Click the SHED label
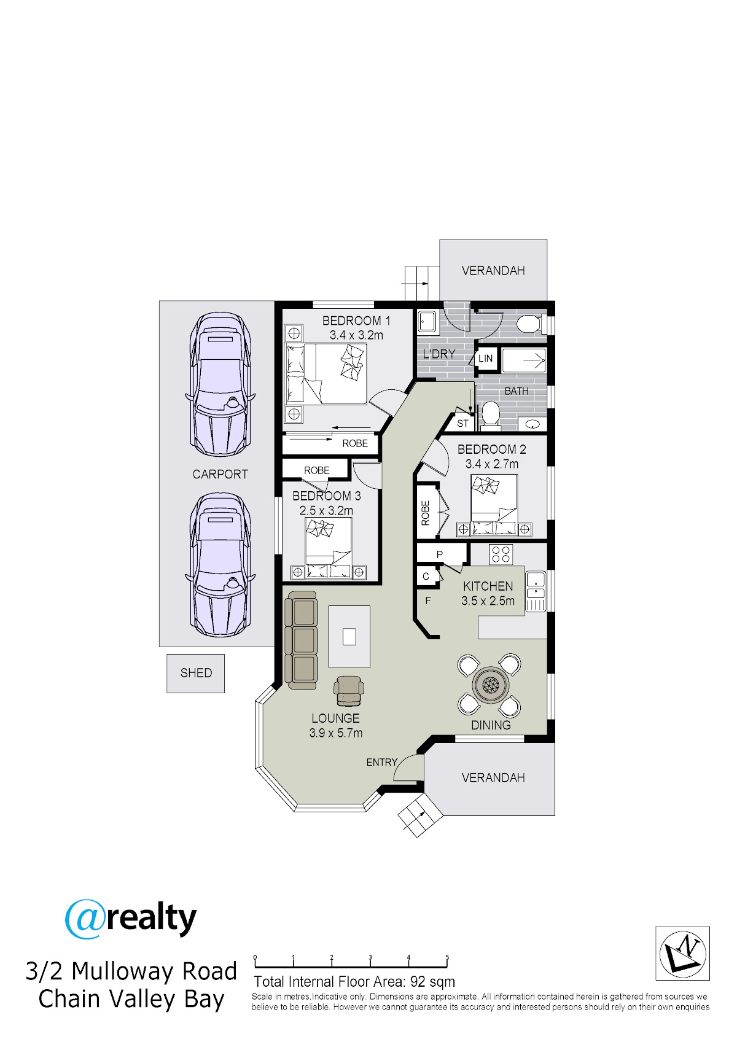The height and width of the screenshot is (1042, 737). [x=196, y=672]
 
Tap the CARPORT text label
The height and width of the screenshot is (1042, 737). [x=220, y=474]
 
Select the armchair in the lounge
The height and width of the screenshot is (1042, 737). [x=348, y=691]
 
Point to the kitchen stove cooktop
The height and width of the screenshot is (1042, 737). [x=501, y=554]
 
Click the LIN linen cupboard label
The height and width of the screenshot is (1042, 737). [x=485, y=358]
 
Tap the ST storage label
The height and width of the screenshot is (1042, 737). [x=462, y=423]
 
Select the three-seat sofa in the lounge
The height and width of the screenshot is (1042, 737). [x=301, y=640]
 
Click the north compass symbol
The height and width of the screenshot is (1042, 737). [x=682, y=953]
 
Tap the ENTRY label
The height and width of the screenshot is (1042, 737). [x=381, y=762]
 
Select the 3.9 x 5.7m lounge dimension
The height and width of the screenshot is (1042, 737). [x=335, y=733]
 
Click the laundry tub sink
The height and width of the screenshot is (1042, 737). [x=426, y=321]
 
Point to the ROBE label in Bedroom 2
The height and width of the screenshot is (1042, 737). [x=425, y=513]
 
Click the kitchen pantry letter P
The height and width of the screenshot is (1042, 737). [x=439, y=554]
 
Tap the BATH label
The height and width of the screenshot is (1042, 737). [x=517, y=391]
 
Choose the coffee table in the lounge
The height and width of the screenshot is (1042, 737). [x=349, y=636]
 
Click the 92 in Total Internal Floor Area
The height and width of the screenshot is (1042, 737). [x=418, y=982]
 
